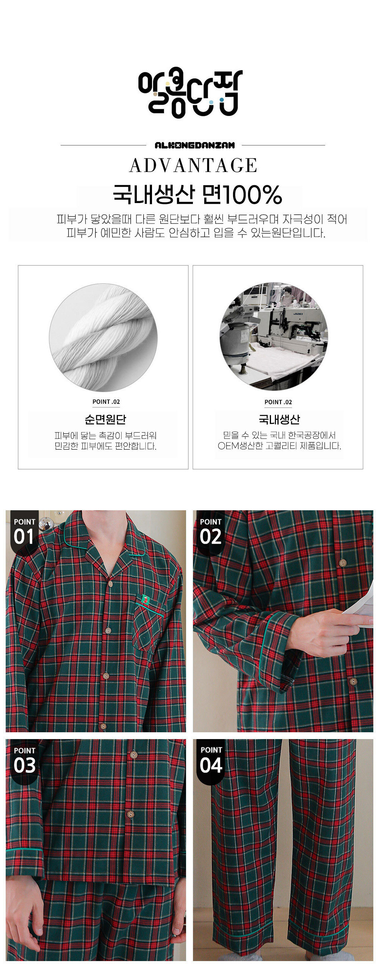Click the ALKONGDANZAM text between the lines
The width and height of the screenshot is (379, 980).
coord(194,145)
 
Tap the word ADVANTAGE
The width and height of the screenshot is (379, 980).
coord(193,166)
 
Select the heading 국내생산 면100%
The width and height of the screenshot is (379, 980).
coord(197,195)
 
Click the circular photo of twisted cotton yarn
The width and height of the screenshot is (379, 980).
coord(103,338)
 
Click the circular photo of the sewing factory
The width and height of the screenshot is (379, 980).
coord(274,336)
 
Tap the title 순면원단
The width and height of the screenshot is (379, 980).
coord(105,419)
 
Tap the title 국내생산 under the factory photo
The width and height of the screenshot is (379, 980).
coord(279,419)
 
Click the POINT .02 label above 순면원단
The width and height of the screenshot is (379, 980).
coord(106,402)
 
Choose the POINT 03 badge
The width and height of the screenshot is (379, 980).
coord(24,761)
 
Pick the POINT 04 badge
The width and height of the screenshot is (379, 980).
coord(211,761)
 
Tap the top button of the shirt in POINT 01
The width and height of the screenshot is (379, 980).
coord(110,584)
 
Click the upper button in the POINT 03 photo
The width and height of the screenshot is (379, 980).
coord(133,755)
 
